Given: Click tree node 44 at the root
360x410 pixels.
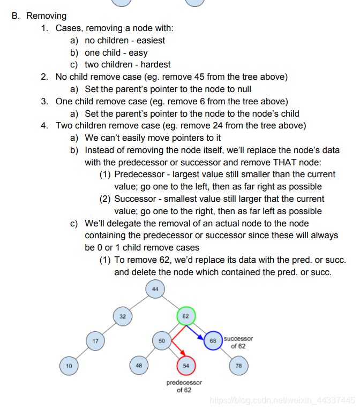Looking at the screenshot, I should pos(155,290).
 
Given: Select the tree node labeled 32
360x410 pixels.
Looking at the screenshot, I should pos(123,316).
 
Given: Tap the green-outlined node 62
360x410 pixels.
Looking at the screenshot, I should pos(186,316).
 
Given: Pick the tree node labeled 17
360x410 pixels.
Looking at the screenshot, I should pos(95,340).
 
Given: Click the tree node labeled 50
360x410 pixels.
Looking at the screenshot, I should pos(162,340).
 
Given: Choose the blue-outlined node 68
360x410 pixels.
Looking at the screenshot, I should pos(213,341).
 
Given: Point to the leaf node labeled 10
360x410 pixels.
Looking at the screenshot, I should pos(69,366).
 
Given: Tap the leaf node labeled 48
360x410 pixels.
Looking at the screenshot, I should pos(139,366).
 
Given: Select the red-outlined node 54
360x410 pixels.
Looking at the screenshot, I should pos(186,366).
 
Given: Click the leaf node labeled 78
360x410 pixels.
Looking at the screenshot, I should pos(238,366).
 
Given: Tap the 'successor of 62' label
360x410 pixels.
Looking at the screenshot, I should pos(238,343).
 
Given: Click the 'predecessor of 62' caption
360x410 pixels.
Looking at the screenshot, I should pos(184,386).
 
